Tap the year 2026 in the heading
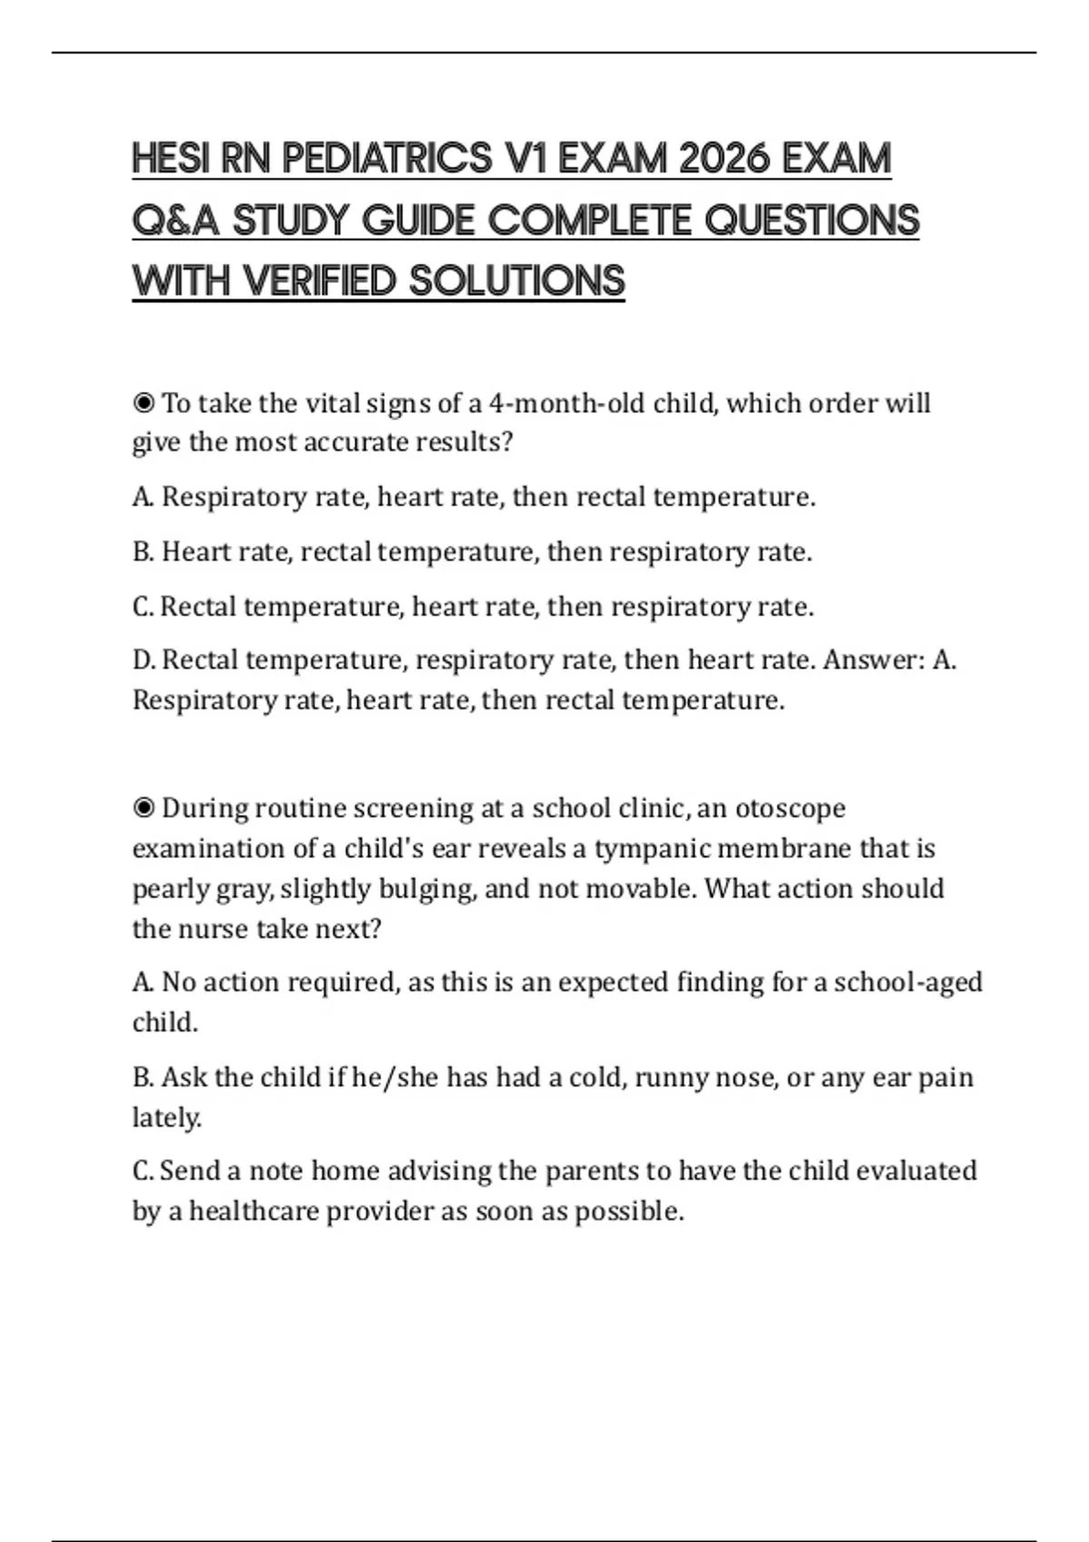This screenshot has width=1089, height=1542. [x=722, y=159]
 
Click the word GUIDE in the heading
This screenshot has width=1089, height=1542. [x=418, y=220]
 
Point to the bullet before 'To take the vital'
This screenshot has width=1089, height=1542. [x=143, y=403]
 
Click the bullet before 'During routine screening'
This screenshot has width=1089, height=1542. [x=143, y=808]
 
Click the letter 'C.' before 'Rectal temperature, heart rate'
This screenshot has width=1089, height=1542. [x=143, y=607]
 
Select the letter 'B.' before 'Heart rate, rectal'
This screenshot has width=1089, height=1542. [x=143, y=552]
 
